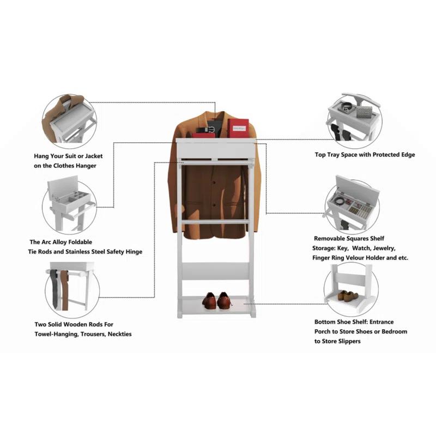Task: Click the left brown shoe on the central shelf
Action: tap(209, 300)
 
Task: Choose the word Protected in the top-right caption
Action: tap(378, 155)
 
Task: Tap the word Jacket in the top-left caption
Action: tap(92, 156)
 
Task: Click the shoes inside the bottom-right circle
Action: tap(347, 295)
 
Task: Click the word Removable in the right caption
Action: tap(332, 239)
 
